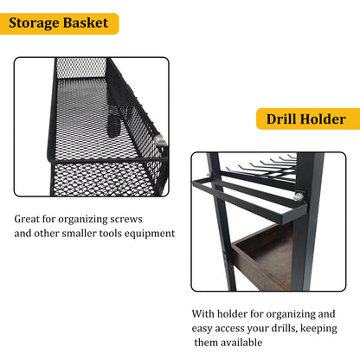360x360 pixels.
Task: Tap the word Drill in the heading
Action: [286, 119]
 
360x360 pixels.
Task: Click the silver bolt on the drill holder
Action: [299, 197]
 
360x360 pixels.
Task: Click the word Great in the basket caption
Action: [31, 218]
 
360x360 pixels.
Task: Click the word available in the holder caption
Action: [258, 343]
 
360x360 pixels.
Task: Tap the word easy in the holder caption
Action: [206, 328]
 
